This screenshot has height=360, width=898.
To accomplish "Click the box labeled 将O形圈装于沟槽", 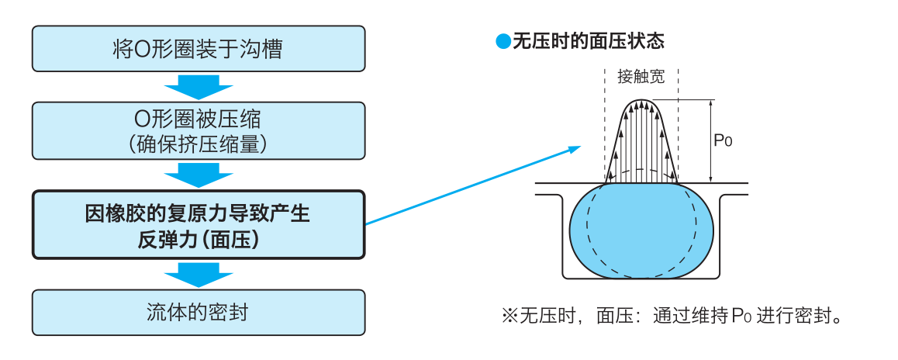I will pyautogui.click(x=198, y=49).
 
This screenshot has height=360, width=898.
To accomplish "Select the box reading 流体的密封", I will pyautogui.click(x=198, y=312).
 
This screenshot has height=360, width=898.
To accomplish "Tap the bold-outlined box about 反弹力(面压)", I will pyautogui.click(x=198, y=225).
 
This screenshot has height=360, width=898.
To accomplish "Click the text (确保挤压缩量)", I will pyautogui.click(x=198, y=143).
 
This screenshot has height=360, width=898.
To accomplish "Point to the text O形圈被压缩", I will pyautogui.click(x=198, y=119).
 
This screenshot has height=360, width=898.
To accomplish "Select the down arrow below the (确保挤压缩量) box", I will pyautogui.click(x=199, y=175).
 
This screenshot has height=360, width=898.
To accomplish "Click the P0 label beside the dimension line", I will pyautogui.click(x=723, y=140).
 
